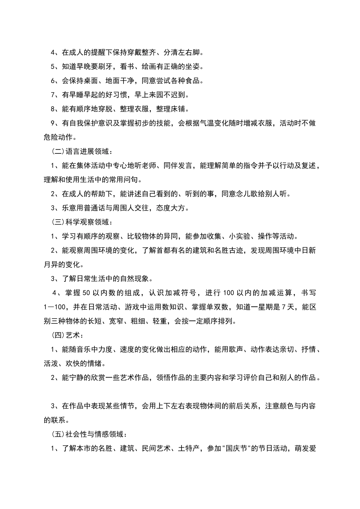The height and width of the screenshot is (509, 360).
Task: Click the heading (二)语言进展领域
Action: pyautogui.click(x=82, y=151)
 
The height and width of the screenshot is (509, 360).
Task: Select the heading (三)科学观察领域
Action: pyautogui.click(x=82, y=222)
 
